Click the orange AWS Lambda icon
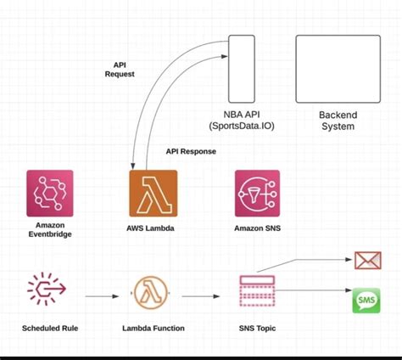pyautogui.click(x=154, y=194)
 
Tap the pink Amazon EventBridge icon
pyautogui.click(x=50, y=194)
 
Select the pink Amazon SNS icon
pyautogui.click(x=257, y=194)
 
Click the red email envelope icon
pyautogui.click(x=366, y=260)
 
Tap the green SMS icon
pyautogui.click(x=366, y=301)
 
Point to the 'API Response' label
pyautogui.click(x=191, y=151)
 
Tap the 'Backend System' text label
pyautogui.click(x=337, y=121)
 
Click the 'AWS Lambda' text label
pyautogui.click(x=154, y=228)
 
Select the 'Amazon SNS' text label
pyautogui.click(x=257, y=228)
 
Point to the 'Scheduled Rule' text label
pyautogui.click(x=48, y=327)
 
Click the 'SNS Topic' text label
pyautogui.click(x=258, y=327)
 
